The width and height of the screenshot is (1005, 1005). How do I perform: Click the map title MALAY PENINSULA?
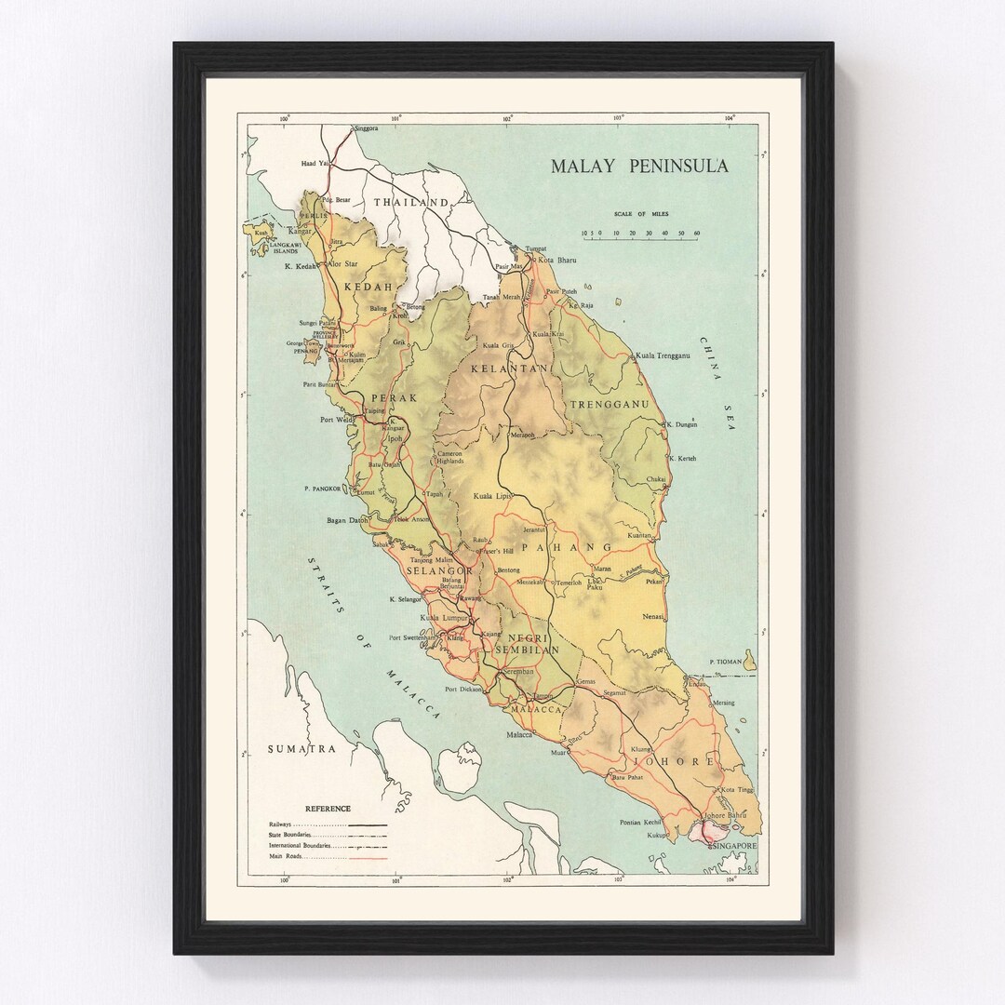tap(638, 167)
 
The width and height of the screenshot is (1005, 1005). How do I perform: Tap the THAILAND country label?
tap(410, 202)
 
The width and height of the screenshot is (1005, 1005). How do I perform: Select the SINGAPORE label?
tap(731, 846)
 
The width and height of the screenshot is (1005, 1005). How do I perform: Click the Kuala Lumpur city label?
tap(444, 618)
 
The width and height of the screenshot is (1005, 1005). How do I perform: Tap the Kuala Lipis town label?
tap(493, 496)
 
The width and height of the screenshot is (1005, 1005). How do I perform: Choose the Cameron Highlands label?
tap(451, 457)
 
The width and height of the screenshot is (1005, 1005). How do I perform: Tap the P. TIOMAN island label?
tap(726, 662)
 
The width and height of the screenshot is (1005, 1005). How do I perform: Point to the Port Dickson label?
tap(463, 690)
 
